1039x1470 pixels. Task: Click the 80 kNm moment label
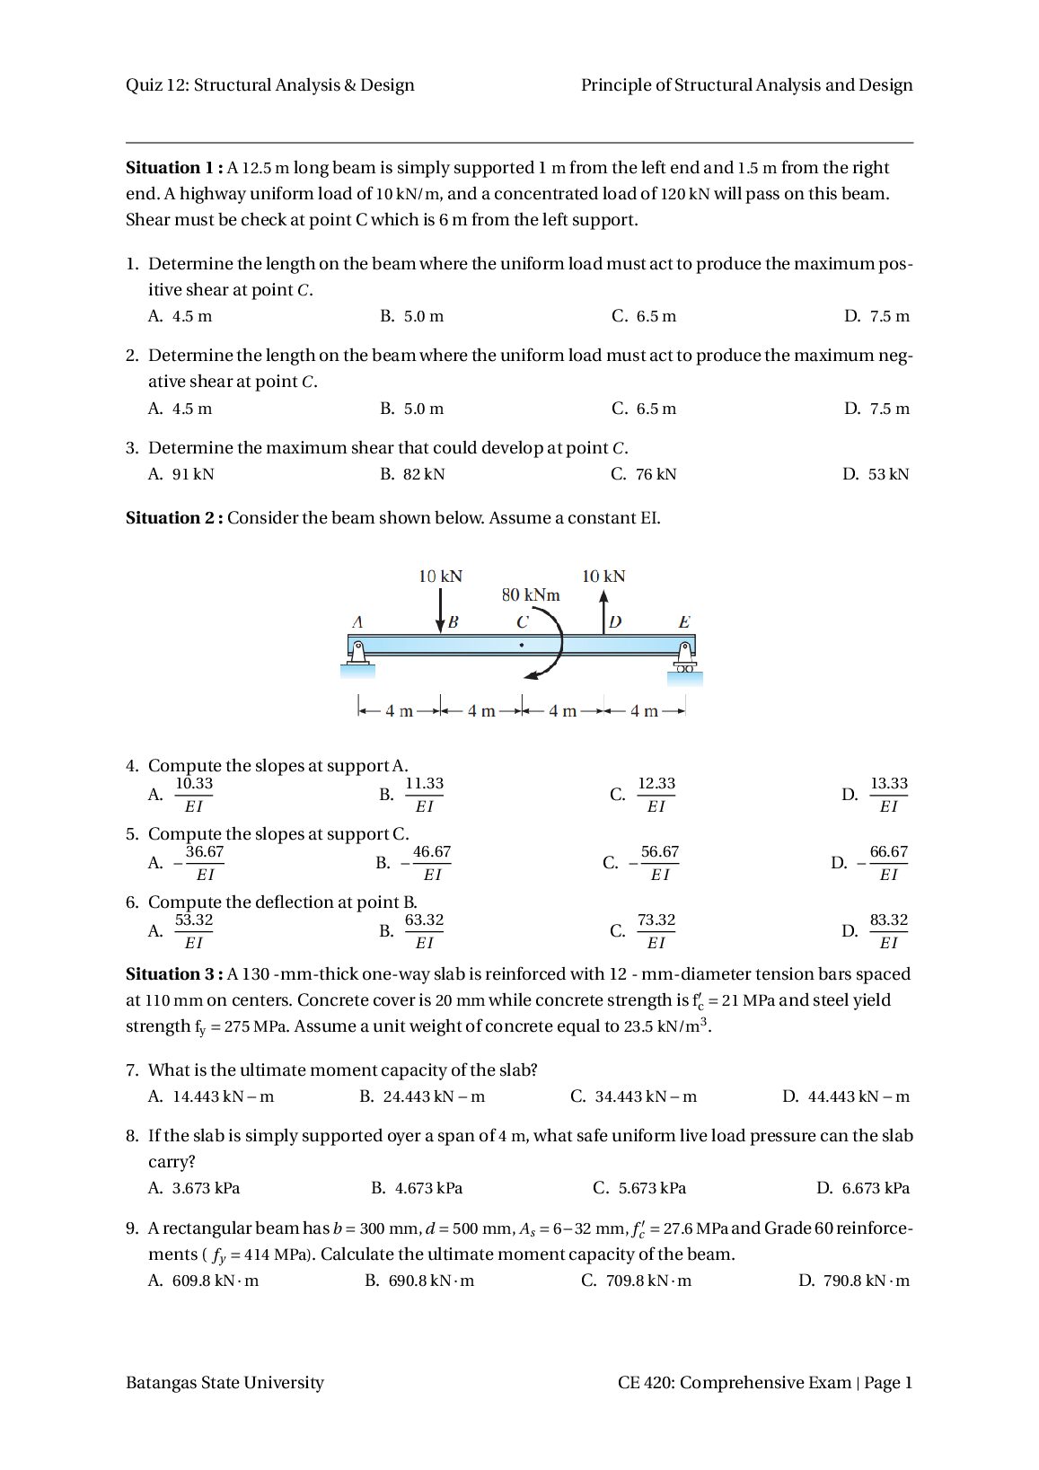(530, 594)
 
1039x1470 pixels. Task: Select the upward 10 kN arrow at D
(603, 612)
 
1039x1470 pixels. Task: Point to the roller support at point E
(685, 656)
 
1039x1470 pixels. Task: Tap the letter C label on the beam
(522, 621)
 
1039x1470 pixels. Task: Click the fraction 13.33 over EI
(888, 795)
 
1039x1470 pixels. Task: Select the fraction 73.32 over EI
(656, 931)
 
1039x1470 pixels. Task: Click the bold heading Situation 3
(174, 974)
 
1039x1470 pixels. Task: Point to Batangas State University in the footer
(225, 1383)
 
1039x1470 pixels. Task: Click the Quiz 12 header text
(269, 85)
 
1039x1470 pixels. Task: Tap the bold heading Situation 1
(174, 168)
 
